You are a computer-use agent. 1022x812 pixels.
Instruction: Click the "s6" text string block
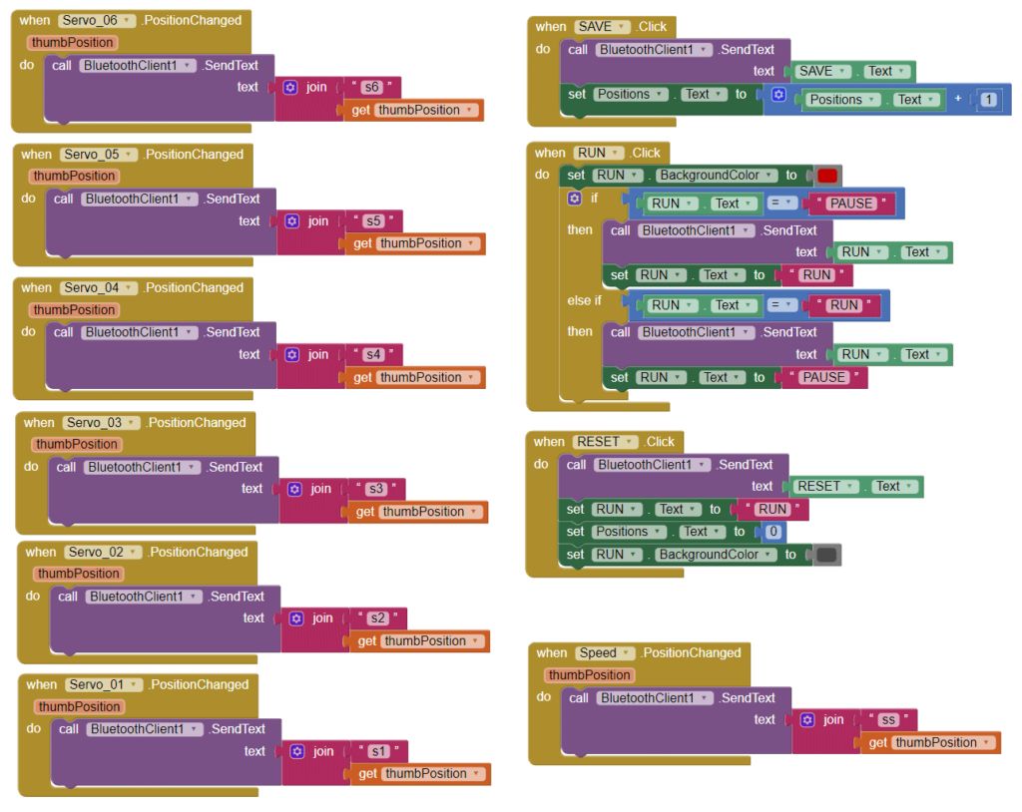coord(372,87)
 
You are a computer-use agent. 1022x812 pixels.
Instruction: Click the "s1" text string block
coord(378,751)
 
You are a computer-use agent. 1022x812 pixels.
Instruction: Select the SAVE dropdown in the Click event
coord(603,27)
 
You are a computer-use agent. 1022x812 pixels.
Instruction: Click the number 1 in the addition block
coord(988,100)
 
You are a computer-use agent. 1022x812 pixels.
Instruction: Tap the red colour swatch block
coord(827,176)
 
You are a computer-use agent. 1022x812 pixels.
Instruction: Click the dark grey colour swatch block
coord(827,555)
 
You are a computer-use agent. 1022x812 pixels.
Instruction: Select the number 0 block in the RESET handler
coord(773,532)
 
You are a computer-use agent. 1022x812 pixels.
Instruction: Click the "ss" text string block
coord(888,720)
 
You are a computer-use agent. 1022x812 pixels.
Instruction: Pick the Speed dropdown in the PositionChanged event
coord(605,653)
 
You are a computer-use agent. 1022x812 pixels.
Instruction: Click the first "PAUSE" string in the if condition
coord(850,203)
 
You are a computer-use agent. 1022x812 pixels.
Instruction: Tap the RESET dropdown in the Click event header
coord(603,442)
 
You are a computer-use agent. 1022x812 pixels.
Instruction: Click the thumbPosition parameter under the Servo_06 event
coord(73,43)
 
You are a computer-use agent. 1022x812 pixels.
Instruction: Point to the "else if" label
coord(585,300)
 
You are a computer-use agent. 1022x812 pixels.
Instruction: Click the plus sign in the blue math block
coord(958,99)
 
